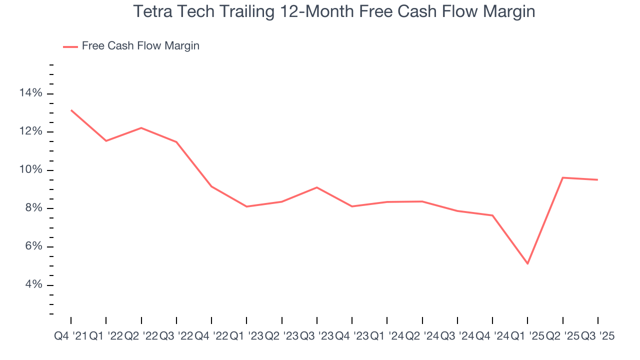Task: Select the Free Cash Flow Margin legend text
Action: coord(140,46)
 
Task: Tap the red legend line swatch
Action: coord(70,46)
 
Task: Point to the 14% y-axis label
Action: coord(30,93)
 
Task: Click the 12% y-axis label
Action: coord(30,132)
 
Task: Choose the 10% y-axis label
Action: coord(30,170)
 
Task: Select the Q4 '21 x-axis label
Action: coord(70,336)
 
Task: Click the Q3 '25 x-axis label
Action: coord(597,336)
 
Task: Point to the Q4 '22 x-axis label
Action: coord(211,336)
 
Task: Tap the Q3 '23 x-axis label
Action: coord(317,336)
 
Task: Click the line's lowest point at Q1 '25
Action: coord(527,263)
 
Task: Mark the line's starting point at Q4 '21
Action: coord(71,110)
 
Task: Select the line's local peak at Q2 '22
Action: coord(141,128)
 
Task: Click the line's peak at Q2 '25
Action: coord(563,177)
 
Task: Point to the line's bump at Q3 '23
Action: coord(317,187)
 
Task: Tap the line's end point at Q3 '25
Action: coord(597,179)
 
